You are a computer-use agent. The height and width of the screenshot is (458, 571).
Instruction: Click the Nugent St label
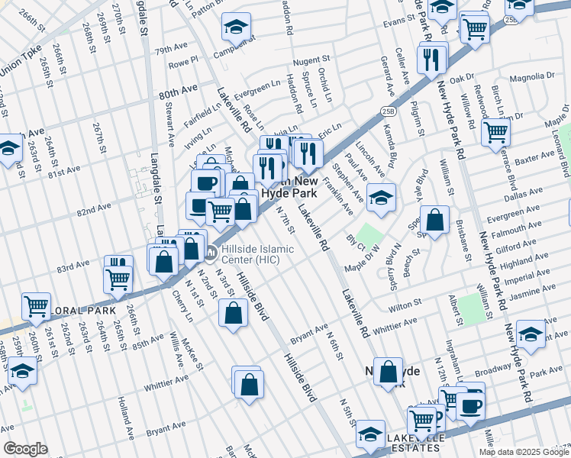[x=311, y=59]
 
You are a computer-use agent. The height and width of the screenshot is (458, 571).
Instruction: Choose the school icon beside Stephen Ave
[x=381, y=198]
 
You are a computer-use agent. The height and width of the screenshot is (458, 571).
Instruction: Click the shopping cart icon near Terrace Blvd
[x=496, y=131]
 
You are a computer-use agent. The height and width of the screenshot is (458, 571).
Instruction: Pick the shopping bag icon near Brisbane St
[x=434, y=221]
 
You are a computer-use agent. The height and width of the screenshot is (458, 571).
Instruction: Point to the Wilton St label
[x=405, y=303]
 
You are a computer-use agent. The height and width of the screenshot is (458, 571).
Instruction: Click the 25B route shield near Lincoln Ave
[x=388, y=111]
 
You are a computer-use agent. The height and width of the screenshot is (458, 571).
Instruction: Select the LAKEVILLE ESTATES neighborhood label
[x=415, y=443]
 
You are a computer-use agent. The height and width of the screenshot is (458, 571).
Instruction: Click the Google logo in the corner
[x=25, y=449]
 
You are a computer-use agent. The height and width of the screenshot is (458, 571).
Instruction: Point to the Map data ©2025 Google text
[x=524, y=452]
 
